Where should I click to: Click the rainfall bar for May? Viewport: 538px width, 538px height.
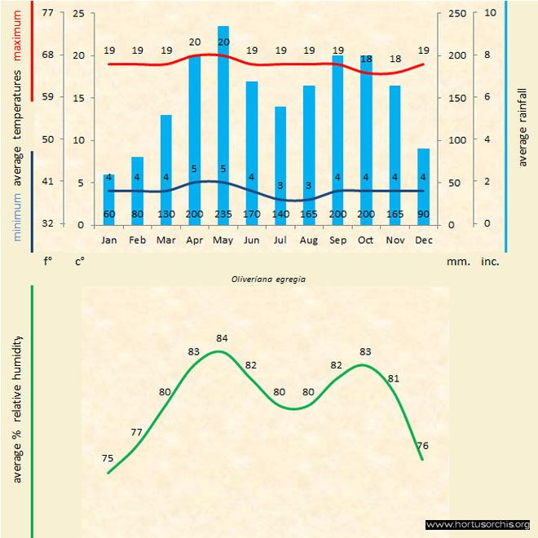[223, 122]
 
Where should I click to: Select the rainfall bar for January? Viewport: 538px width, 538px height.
[109, 199]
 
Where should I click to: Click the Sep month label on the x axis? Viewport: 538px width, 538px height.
[337, 240]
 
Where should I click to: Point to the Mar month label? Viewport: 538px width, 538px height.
[166, 240]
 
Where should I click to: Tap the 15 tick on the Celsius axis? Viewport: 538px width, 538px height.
[78, 98]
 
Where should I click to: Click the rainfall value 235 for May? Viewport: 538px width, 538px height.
[223, 215]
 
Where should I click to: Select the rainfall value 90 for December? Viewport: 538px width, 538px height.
[423, 215]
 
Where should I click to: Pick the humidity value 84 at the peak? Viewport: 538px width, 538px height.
[222, 337]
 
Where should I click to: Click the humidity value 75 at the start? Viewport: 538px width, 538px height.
[108, 459]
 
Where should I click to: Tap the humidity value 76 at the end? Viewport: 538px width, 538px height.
[423, 445]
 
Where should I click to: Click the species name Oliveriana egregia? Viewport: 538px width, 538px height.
[263, 279]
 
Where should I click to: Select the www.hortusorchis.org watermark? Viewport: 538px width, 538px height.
[478, 524]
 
